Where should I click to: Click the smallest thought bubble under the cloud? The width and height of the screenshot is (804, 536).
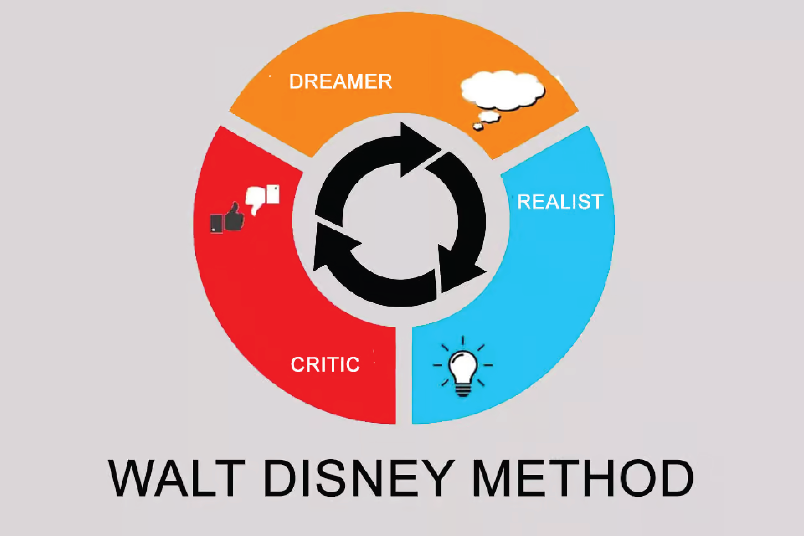[x=478, y=127]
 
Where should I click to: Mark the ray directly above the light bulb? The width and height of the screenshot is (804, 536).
[x=463, y=341]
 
